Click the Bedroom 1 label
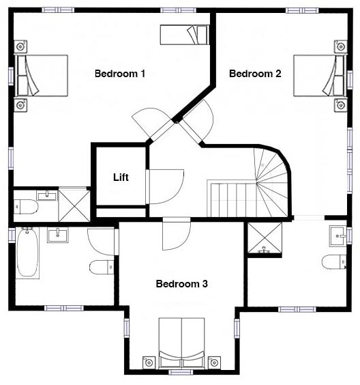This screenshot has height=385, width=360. (120, 74)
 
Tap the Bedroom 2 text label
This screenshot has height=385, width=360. (255, 74)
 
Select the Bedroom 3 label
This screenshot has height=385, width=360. (182, 284)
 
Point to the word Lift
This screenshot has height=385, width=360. (121, 177)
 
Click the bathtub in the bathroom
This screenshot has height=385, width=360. (27, 253)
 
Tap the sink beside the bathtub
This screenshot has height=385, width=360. (58, 235)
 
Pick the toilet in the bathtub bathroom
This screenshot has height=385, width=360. (102, 267)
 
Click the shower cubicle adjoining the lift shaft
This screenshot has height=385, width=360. (74, 205)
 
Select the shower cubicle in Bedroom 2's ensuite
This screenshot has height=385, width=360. (265, 238)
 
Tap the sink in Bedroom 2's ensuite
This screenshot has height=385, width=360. (338, 236)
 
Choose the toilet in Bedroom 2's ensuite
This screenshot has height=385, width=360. (334, 262)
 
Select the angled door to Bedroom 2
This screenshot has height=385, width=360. (196, 122)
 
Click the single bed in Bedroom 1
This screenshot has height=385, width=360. (184, 35)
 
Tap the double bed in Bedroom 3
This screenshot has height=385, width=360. (182, 343)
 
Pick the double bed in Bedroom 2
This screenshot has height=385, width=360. (320, 76)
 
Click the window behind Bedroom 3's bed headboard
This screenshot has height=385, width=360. (181, 373)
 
